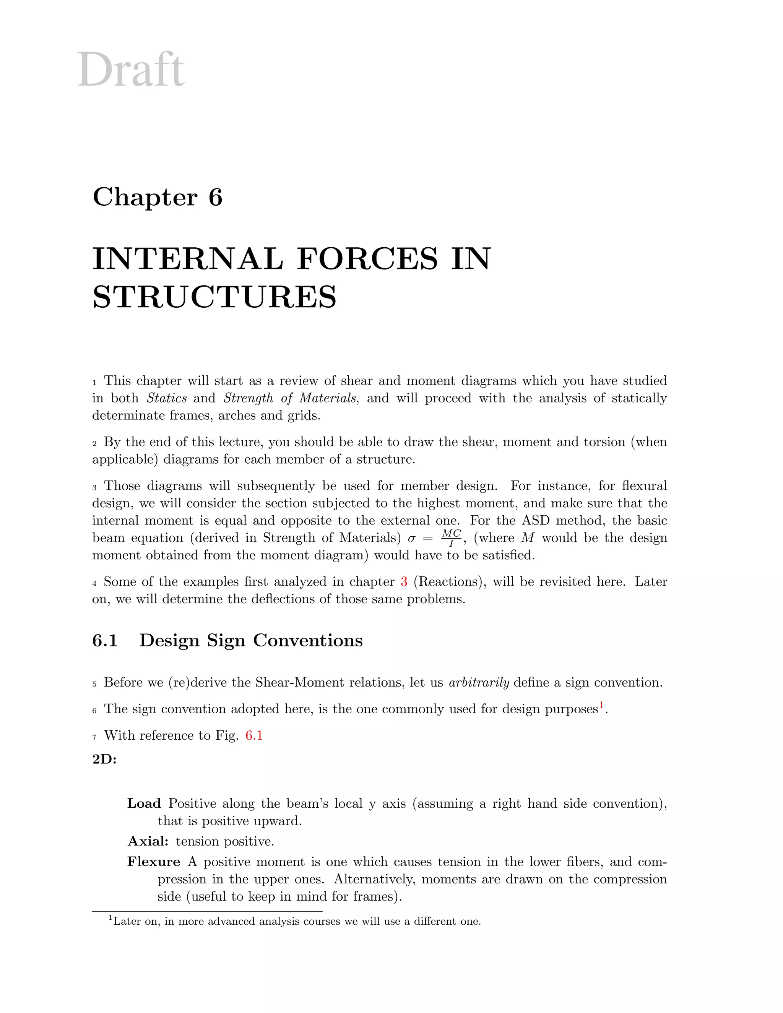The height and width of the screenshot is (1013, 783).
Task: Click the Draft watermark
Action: point(130,70)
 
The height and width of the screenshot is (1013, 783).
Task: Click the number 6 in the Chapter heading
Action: point(215,197)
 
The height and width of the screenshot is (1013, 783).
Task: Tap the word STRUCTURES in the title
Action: point(214,297)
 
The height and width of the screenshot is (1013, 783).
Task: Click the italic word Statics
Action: point(167,398)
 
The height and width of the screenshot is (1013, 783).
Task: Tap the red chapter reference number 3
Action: point(404,582)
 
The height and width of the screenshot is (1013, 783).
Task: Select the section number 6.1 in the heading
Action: point(105,641)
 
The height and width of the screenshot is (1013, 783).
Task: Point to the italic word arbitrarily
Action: point(479,683)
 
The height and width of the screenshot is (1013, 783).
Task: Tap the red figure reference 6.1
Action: point(254,735)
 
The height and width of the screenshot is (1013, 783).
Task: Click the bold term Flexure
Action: point(154,862)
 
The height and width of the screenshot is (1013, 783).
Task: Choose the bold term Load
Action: point(144,804)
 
